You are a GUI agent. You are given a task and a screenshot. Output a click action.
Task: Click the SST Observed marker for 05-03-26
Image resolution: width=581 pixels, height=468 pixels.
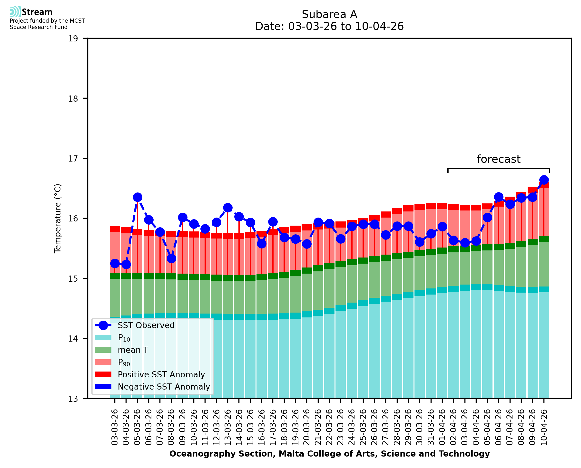(x=138, y=197)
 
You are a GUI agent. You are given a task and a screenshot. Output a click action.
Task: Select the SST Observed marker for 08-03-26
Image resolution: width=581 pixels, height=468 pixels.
(x=171, y=259)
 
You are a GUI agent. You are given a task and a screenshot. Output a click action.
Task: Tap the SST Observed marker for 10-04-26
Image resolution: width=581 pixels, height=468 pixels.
(x=544, y=180)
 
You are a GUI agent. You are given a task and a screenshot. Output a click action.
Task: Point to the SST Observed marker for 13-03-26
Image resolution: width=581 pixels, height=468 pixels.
(x=228, y=208)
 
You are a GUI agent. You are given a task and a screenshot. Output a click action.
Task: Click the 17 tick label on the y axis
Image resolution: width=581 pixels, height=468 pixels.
(x=73, y=159)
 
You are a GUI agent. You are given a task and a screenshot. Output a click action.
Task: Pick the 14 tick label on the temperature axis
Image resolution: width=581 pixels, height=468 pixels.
(x=73, y=339)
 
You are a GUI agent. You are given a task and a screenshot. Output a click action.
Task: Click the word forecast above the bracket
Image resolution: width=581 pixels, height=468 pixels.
(x=498, y=159)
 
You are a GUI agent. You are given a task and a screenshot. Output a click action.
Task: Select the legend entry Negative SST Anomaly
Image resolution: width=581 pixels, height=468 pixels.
(x=164, y=387)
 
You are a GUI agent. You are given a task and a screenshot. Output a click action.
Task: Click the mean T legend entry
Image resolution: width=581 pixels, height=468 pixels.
(x=133, y=350)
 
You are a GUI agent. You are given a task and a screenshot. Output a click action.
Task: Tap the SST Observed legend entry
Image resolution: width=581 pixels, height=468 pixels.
(x=146, y=326)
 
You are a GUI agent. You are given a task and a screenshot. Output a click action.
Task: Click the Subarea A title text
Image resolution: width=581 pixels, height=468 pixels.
(x=329, y=14)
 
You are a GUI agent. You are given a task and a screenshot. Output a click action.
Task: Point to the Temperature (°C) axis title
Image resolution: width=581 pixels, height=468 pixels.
(x=58, y=218)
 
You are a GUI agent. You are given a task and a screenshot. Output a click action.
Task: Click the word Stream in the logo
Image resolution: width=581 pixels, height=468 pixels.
(x=37, y=12)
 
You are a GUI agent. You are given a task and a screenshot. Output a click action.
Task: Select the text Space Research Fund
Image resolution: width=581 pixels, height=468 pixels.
(x=39, y=27)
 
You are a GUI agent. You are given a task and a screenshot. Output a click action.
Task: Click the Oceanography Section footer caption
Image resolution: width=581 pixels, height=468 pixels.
(x=329, y=454)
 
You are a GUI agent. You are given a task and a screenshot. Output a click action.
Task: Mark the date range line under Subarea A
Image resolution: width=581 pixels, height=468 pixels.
(x=329, y=26)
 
